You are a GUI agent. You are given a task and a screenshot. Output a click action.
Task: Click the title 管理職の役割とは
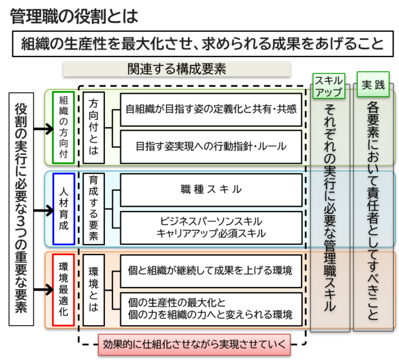[x=73, y=15]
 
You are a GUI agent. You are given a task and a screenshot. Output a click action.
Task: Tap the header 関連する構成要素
[x=177, y=69]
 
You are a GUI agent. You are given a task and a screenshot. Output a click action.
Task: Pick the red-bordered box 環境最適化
[x=63, y=288]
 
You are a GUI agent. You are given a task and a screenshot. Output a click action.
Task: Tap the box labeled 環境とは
[x=94, y=288]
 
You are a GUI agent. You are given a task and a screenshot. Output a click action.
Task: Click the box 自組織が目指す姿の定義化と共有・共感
[x=211, y=109]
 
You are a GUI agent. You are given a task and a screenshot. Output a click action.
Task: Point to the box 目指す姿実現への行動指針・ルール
[x=211, y=146]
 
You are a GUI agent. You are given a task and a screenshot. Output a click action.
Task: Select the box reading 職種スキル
[x=211, y=189]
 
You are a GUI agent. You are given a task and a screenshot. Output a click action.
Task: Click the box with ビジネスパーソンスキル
[x=211, y=227]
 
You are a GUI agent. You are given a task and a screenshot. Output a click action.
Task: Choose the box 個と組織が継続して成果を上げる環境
[x=211, y=270]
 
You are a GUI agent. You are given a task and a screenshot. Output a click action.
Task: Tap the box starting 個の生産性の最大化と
[x=211, y=308]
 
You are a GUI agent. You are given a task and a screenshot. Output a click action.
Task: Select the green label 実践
[x=373, y=85]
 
